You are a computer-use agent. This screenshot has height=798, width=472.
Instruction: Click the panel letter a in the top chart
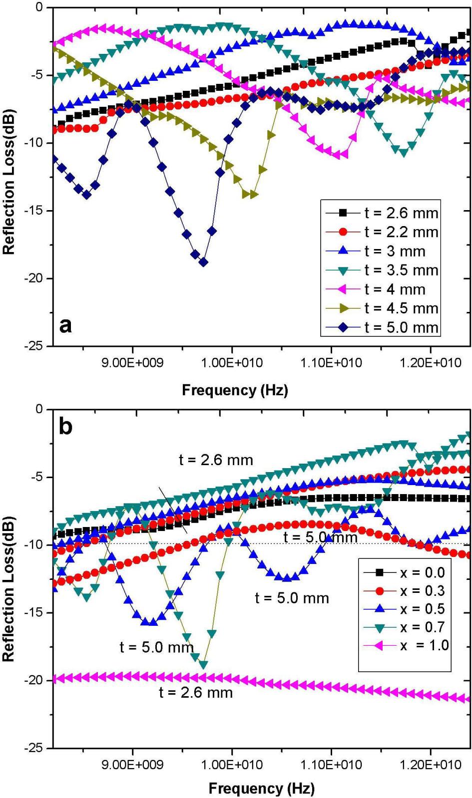(65, 325)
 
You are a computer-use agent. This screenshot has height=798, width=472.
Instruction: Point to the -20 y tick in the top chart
(36, 278)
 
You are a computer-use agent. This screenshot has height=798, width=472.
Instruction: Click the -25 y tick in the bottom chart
(36, 748)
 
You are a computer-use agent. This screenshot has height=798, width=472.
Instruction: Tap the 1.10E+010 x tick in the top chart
(331, 363)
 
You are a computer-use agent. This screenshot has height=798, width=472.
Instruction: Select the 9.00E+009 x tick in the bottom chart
(132, 765)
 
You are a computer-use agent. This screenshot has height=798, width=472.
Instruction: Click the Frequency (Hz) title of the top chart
(235, 390)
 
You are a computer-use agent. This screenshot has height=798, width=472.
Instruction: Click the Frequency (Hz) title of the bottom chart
(261, 789)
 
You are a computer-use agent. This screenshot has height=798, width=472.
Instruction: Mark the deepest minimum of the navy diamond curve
(203, 263)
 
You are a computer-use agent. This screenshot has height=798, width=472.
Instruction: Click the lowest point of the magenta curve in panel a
(337, 155)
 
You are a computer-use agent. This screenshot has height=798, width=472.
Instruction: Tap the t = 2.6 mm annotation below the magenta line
(196, 692)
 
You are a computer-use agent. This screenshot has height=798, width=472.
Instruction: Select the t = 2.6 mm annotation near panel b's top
(216, 460)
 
